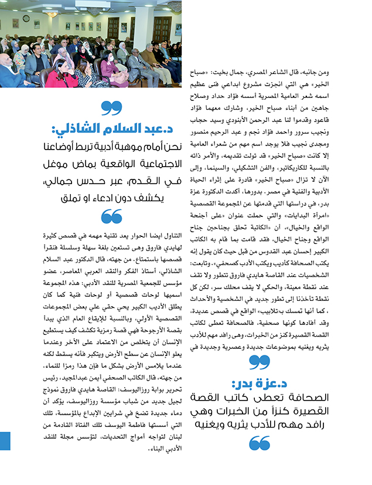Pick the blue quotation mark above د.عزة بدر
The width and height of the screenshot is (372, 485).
tap(260, 363)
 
